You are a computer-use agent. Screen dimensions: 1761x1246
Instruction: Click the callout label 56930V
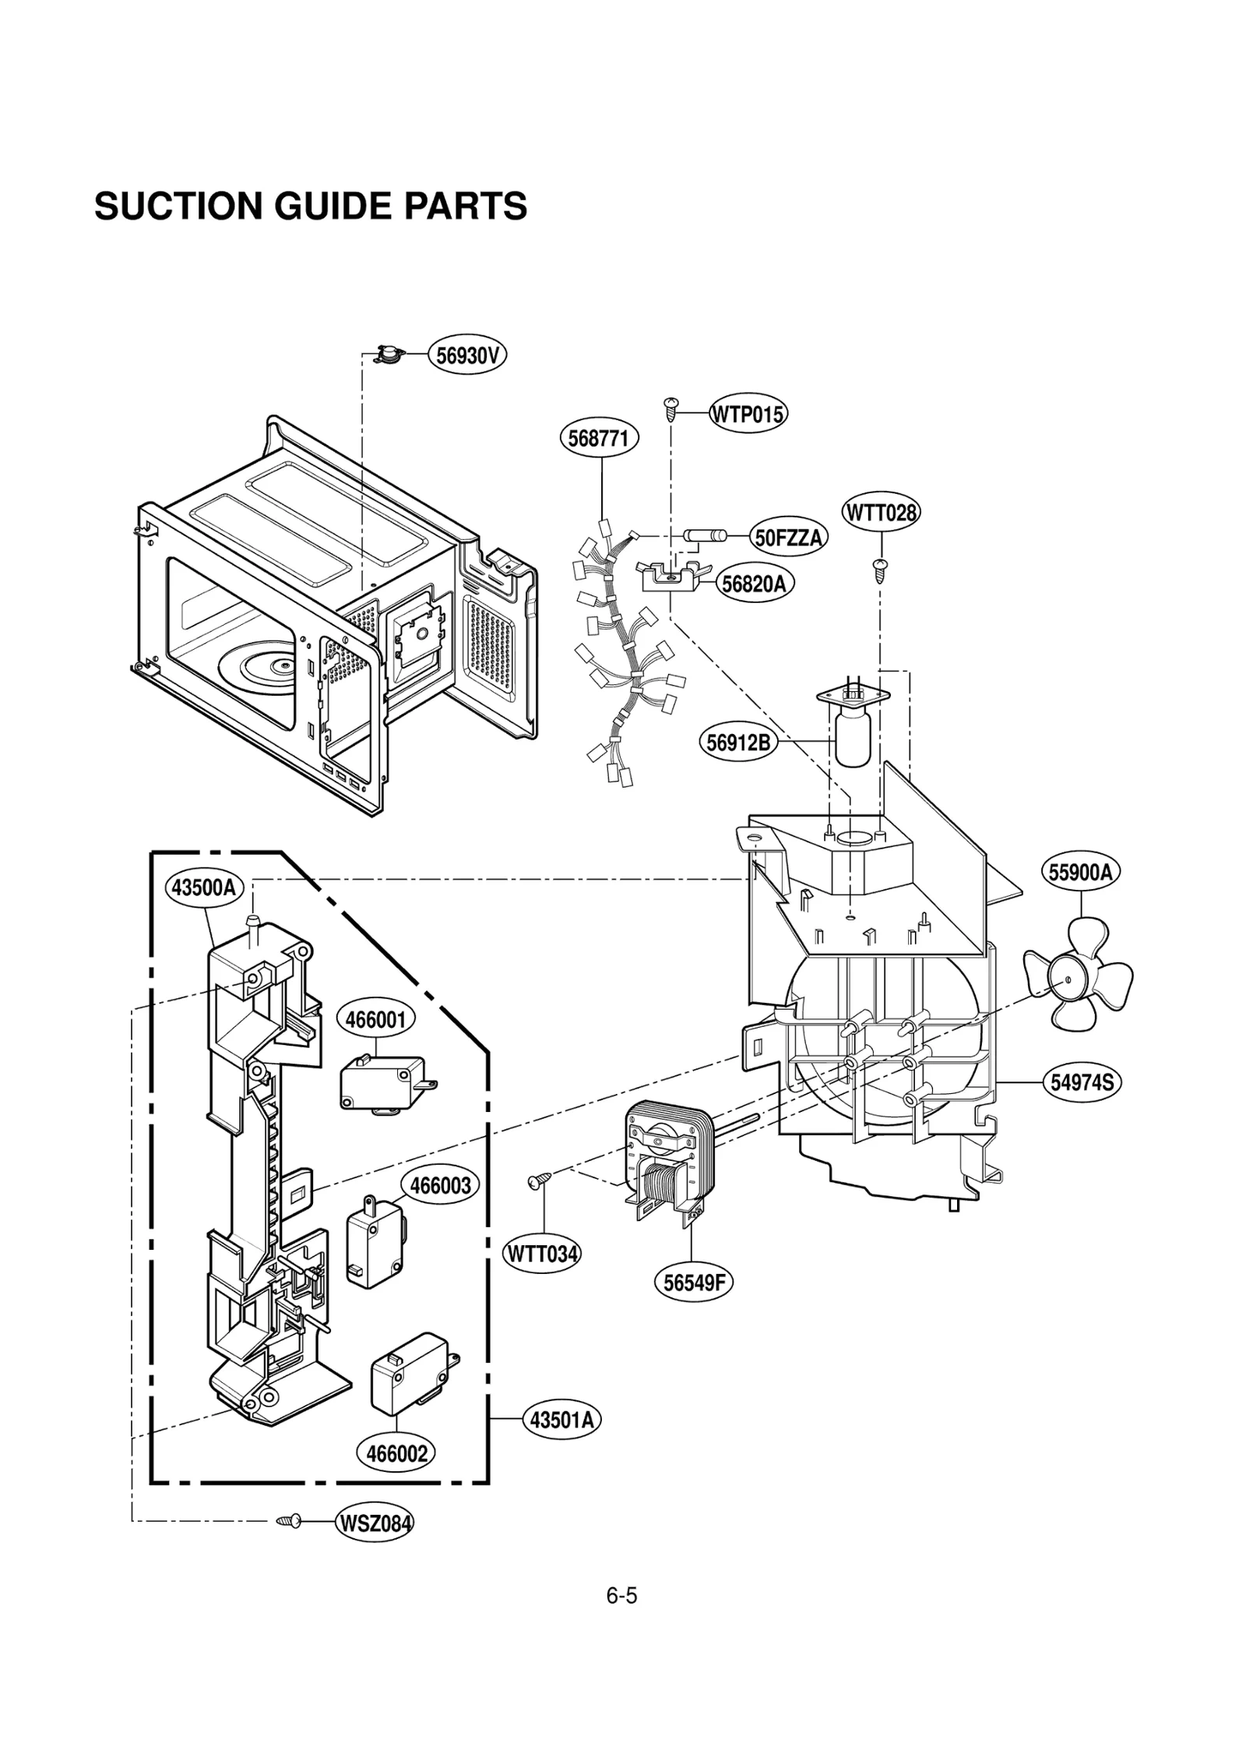(x=466, y=356)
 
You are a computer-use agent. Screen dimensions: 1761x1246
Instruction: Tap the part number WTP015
(x=747, y=415)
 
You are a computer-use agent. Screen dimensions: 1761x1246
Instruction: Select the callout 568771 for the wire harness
(x=598, y=439)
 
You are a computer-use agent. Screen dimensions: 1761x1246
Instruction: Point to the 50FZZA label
(x=788, y=538)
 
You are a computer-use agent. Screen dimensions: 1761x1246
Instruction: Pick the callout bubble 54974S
(x=1082, y=1082)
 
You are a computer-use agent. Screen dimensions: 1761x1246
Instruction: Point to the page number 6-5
(x=621, y=1596)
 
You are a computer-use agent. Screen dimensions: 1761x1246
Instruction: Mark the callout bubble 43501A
(x=561, y=1420)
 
